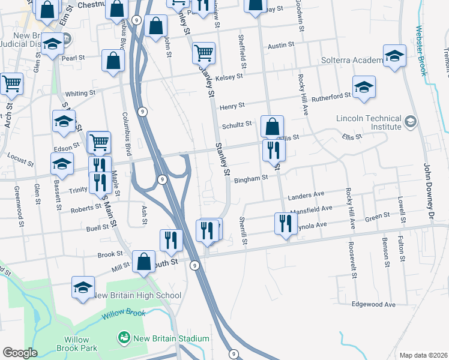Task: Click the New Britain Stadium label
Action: [171, 338]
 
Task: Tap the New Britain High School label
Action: [136, 295]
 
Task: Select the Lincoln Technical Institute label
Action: [369, 122]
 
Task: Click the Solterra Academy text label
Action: [351, 61]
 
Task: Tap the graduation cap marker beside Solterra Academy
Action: [394, 56]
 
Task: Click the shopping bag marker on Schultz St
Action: [272, 127]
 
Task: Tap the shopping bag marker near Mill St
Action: [143, 262]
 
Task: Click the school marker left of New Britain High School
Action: [83, 287]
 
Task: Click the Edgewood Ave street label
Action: [374, 305]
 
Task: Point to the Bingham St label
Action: [250, 179]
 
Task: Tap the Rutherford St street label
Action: [331, 96]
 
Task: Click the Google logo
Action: [20, 353]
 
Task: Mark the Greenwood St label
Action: [16, 204]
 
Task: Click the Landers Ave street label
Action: [306, 195]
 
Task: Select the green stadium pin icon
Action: [124, 338]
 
